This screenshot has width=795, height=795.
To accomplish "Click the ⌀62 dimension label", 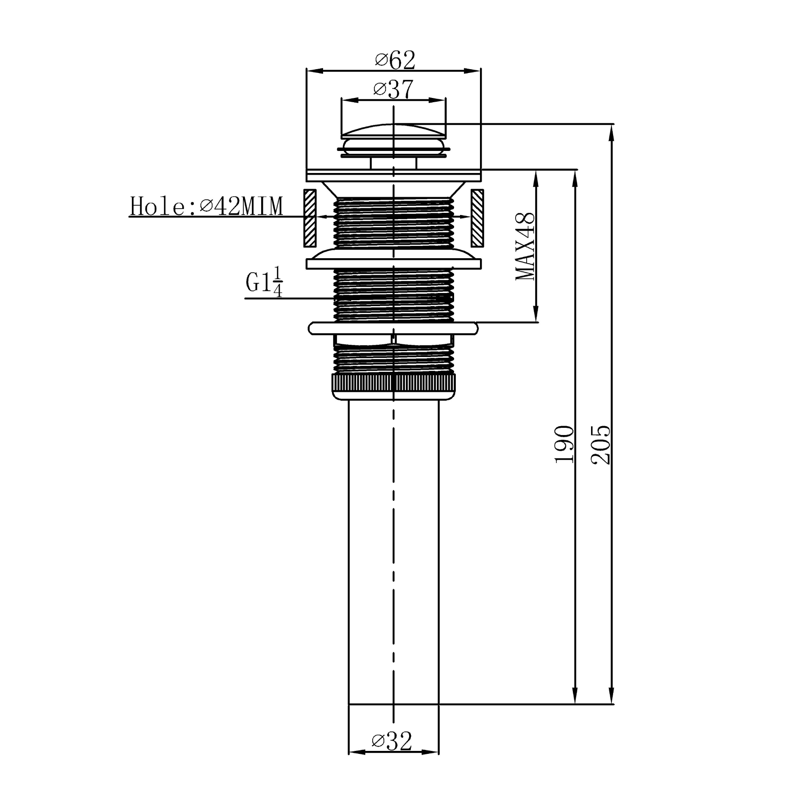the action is (395, 60).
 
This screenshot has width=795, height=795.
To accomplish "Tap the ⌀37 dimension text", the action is (393, 89).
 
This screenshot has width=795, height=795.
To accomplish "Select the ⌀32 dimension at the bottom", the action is (392, 741).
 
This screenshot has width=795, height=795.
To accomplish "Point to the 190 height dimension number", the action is (565, 444).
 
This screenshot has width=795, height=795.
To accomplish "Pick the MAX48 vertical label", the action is (525, 247).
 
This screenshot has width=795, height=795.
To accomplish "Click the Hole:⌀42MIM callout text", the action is (206, 206).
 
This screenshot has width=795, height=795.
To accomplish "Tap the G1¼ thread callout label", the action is (264, 282).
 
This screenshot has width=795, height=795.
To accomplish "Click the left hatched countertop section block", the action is (310, 218).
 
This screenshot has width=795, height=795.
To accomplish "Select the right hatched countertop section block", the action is (477, 218).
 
